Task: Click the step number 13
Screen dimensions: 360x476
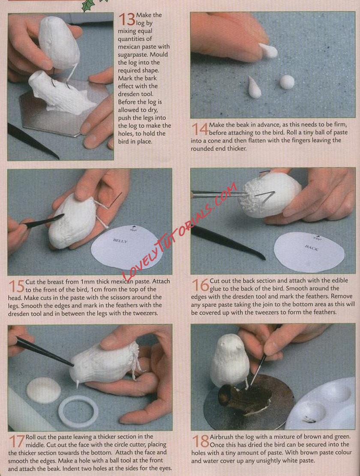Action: click(127, 19)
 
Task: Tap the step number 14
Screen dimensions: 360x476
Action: click(199, 129)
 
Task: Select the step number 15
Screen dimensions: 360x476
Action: click(16, 286)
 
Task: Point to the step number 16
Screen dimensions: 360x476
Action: click(200, 285)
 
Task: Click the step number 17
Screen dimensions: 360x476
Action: click(17, 442)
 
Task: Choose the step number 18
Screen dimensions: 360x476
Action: click(200, 441)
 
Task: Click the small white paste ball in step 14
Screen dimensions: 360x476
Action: click(287, 82)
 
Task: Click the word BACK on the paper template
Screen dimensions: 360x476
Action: click(312, 248)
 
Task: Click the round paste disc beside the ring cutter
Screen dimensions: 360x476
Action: click(43, 390)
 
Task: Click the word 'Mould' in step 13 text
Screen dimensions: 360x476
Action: click(159, 55)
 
